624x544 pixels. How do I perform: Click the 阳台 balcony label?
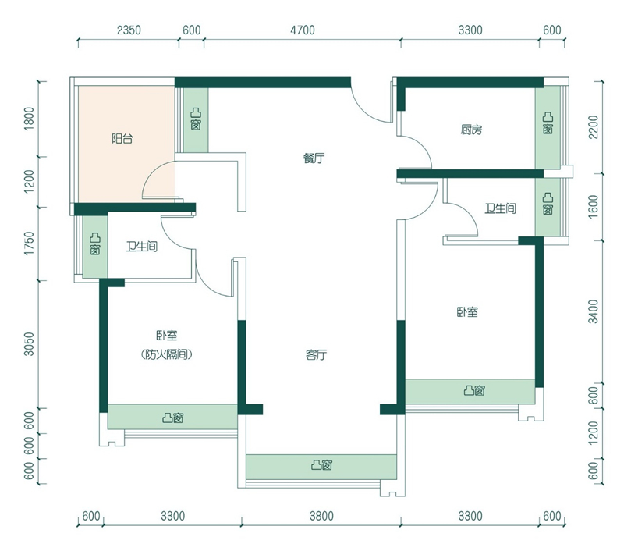pyautogui.click(x=122, y=139)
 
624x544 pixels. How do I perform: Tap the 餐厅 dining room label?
pyautogui.click(x=314, y=158)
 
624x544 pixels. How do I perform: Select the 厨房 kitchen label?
pyautogui.click(x=472, y=130)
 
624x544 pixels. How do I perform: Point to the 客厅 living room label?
pyautogui.click(x=317, y=354)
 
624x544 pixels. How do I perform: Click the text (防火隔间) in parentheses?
pyautogui.click(x=167, y=354)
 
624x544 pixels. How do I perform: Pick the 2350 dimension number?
pyautogui.click(x=129, y=30)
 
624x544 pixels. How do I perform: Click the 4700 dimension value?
pyautogui.click(x=303, y=30)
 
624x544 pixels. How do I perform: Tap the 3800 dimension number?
pyautogui.click(x=321, y=516)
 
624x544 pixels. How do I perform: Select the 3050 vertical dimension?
pyautogui.click(x=30, y=344)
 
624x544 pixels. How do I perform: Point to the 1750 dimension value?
pyautogui.click(x=30, y=244)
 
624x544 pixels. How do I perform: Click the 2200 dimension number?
pyautogui.click(x=593, y=127)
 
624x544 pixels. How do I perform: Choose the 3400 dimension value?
pyautogui.click(x=593, y=312)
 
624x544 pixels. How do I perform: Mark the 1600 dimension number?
pyautogui.click(x=593, y=206)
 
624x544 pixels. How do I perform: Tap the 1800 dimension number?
pyautogui.click(x=30, y=119)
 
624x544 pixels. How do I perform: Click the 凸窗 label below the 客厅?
pyautogui.click(x=321, y=464)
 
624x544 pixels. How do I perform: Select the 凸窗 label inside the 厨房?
pyautogui.click(x=548, y=123)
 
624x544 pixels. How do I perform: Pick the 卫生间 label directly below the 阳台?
pyautogui.click(x=142, y=247)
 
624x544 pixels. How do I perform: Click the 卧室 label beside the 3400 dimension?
pyautogui.click(x=467, y=312)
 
